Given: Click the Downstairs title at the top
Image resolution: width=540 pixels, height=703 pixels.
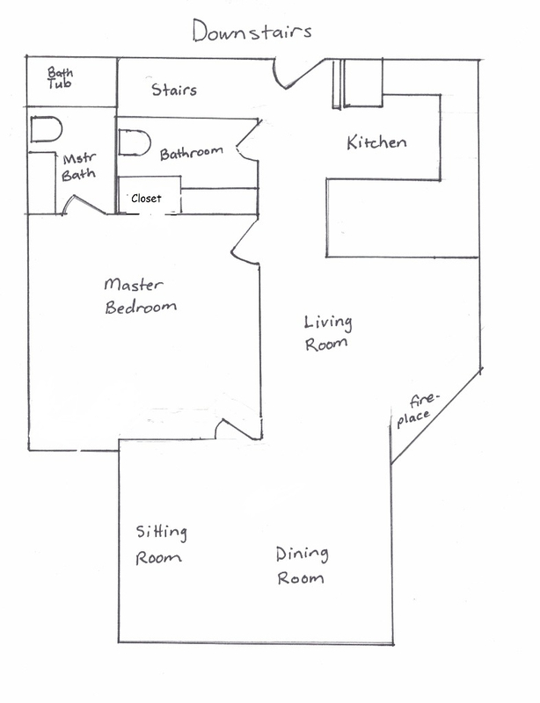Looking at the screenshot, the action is [x=252, y=31].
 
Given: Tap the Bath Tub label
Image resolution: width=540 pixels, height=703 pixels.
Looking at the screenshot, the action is [x=60, y=77].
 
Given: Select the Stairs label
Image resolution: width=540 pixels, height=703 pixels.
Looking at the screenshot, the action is [x=174, y=90].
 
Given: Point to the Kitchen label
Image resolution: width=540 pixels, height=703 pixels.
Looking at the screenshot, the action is [x=376, y=142].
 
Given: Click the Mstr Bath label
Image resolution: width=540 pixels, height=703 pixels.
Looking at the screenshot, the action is [x=79, y=167].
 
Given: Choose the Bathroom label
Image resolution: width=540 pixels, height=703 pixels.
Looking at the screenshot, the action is [x=192, y=153].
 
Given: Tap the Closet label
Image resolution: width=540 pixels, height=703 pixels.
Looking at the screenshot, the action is [x=146, y=199].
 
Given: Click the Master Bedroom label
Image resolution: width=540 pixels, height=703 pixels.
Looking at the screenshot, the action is [x=140, y=295].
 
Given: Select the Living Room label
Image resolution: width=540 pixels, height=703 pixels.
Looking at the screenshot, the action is [x=328, y=333].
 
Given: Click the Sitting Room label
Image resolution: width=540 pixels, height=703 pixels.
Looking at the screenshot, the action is [x=161, y=545].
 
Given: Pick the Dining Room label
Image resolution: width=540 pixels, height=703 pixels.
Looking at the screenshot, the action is [x=302, y=565].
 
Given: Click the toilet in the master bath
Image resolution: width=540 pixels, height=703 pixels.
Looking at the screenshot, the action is [x=46, y=129].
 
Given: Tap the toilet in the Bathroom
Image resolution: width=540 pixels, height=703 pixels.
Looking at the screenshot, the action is [x=135, y=143].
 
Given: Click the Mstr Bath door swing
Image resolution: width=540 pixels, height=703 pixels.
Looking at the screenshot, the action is [x=84, y=205].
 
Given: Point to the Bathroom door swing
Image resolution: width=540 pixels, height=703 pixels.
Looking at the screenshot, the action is [x=248, y=139].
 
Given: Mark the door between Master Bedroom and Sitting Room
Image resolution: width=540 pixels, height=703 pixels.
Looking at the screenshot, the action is [x=238, y=429].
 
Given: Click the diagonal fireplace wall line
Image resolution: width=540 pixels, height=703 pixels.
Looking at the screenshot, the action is [x=436, y=417].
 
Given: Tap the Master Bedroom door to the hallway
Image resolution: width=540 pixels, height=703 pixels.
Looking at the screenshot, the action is [x=245, y=241].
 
